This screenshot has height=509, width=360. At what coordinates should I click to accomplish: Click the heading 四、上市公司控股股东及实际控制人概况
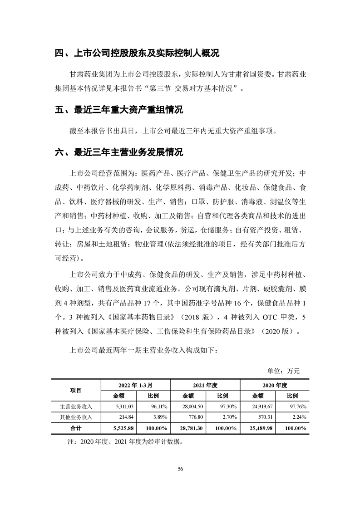click(137, 54)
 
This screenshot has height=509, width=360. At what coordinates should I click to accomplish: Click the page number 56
click(180, 469)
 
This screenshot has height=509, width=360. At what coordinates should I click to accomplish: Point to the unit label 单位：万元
click(285, 371)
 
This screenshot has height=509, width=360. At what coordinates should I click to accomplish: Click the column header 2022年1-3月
click(135, 385)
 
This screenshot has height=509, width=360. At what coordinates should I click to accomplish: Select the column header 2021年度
click(205, 385)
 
